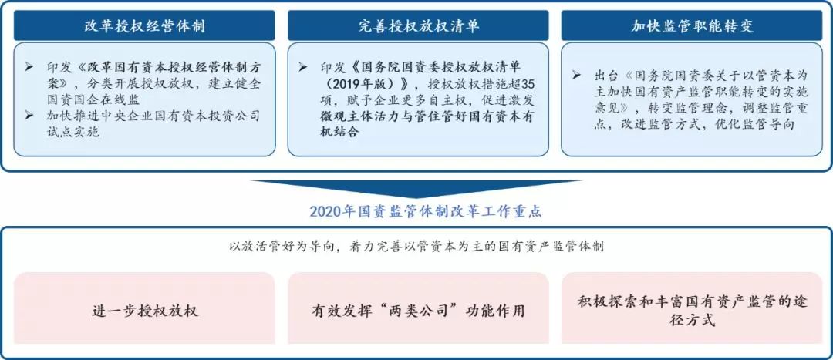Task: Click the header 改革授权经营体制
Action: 144,25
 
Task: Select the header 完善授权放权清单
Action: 418,25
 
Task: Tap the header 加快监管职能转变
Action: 692,25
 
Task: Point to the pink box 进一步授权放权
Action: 144,310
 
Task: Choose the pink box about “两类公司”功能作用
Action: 418,310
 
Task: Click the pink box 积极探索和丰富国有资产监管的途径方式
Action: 692,310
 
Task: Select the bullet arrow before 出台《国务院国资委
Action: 576,76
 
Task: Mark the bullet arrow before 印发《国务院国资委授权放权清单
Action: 303,67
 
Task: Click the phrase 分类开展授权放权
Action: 137,84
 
